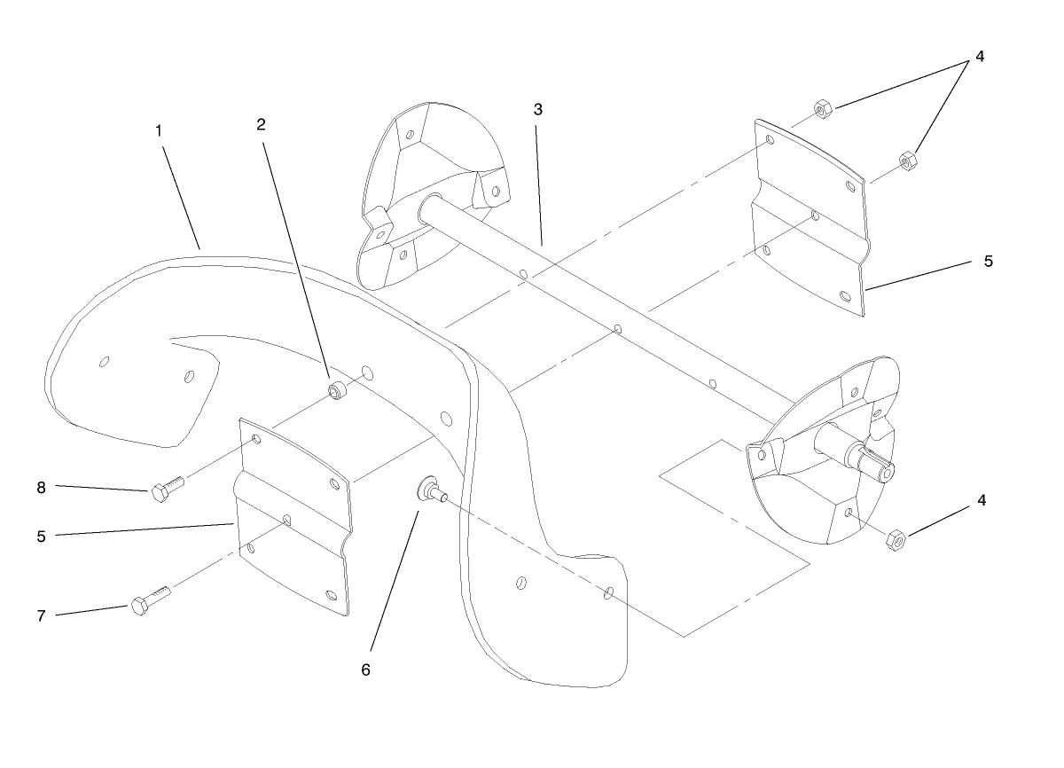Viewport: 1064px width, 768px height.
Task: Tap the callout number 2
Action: coord(261,124)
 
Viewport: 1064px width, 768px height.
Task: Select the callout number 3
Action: coord(538,109)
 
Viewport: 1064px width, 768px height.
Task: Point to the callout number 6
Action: coord(365,670)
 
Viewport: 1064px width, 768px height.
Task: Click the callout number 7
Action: coord(41,615)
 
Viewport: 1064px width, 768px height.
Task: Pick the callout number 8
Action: coord(41,486)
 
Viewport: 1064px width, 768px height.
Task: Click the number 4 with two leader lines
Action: coord(979,56)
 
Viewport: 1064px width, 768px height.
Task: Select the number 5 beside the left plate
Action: coord(41,535)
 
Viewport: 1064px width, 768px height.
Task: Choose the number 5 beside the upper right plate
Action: coord(989,262)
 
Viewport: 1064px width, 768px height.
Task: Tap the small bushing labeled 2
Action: coord(337,391)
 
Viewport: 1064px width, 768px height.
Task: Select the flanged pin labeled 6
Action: coord(428,488)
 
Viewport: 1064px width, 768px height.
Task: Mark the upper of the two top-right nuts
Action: coord(822,108)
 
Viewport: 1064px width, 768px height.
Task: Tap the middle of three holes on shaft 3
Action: coord(618,330)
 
